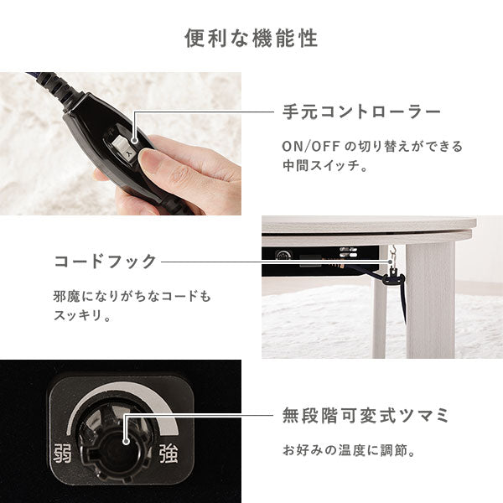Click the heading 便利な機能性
251,39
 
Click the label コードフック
105,262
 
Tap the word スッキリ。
83,318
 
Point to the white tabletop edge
369,227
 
